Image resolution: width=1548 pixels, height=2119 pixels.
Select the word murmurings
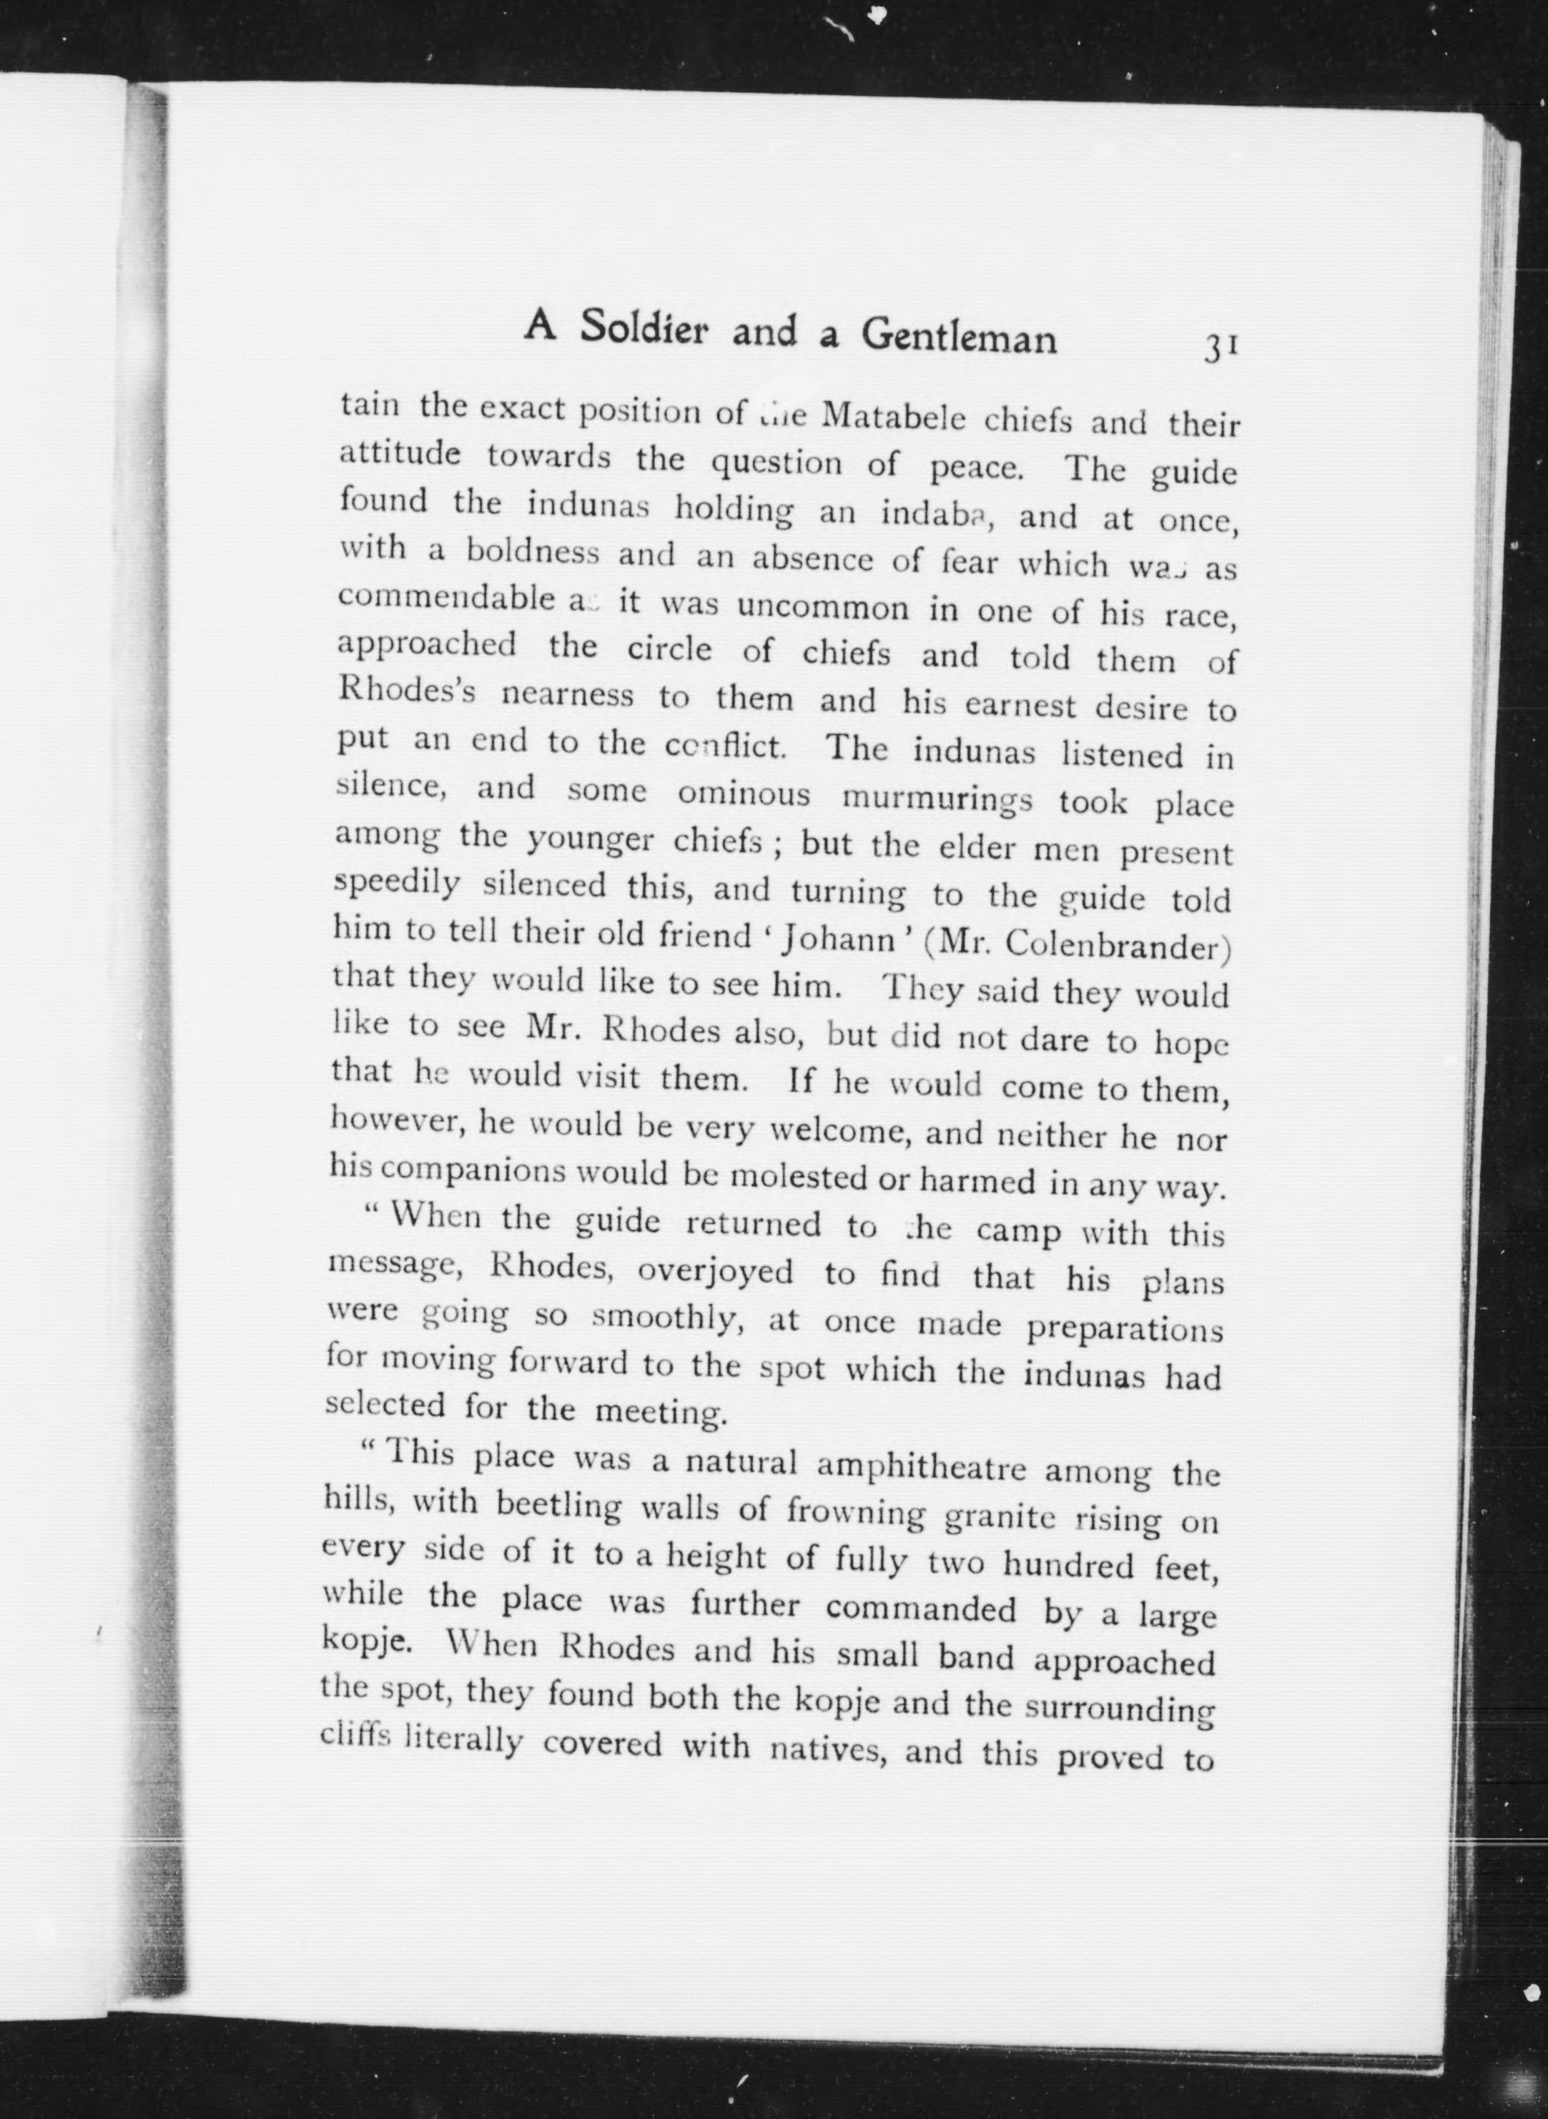937,799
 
